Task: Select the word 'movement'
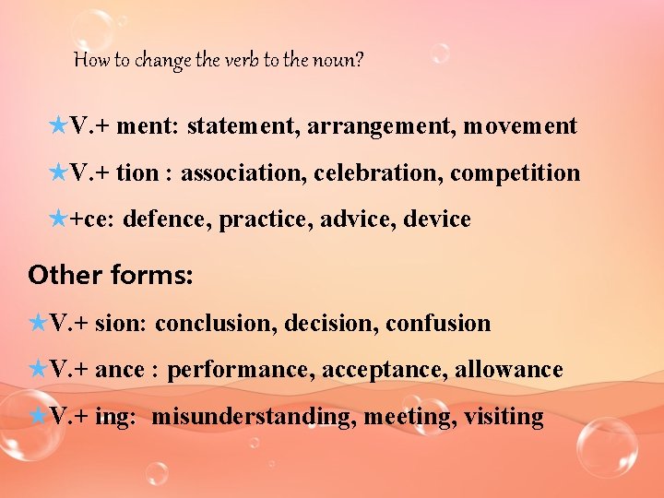pos(520,126)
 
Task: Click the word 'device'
pos(437,219)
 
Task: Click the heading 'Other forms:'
pos(111,275)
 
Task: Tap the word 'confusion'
pos(438,324)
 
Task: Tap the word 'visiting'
pos(504,417)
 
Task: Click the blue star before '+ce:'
pos(57,219)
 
